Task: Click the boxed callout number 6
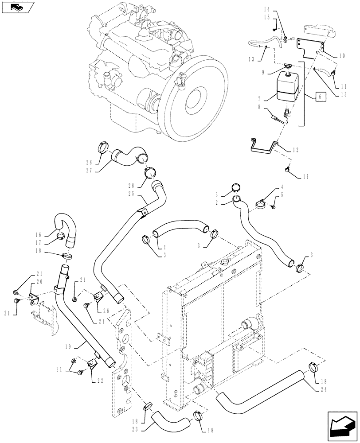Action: (x=320, y=95)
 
